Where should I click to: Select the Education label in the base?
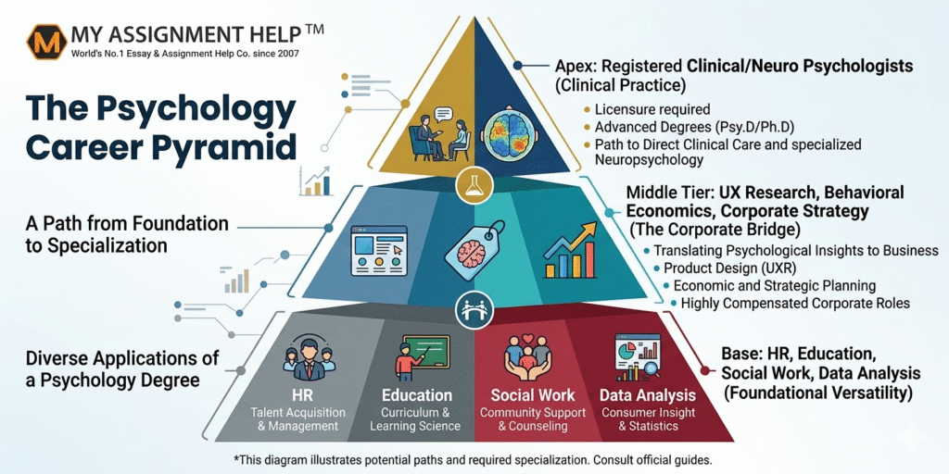point(417,395)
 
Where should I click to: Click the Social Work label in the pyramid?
point(533,395)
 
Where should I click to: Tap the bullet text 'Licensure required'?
point(646,109)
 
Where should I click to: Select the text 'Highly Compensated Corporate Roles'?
point(795,303)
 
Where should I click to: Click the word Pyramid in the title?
point(235,146)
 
